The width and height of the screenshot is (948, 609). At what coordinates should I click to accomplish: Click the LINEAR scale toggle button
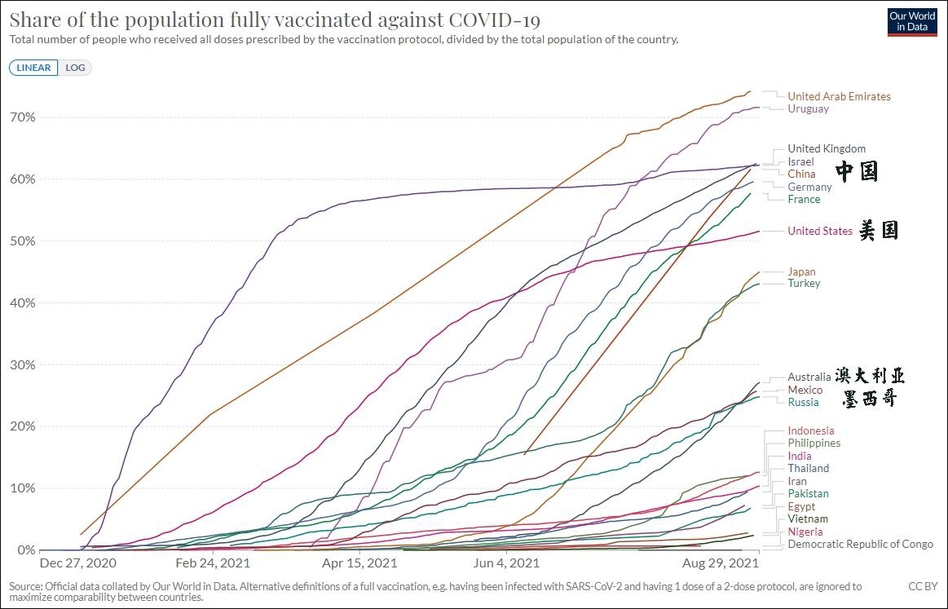point(33,68)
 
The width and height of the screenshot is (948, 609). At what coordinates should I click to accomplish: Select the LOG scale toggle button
point(75,68)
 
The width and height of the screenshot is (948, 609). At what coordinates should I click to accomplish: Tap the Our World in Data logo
point(912,22)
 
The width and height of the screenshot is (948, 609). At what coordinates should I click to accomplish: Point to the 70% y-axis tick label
point(22,117)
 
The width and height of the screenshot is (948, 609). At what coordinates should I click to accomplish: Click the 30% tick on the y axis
point(22,364)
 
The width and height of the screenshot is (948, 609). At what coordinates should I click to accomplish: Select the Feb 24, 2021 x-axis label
point(212,563)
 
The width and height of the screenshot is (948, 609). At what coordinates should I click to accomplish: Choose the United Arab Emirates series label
point(839,96)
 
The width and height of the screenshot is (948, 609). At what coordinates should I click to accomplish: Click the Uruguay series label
point(808,108)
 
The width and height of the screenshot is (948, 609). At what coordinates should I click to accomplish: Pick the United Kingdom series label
point(827,148)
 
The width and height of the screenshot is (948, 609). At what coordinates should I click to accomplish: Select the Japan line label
point(801,271)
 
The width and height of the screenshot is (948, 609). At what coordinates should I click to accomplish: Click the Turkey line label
point(804,283)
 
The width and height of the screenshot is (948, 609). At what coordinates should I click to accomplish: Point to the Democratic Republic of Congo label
point(860,544)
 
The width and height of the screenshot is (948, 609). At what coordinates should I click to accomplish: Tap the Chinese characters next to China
point(857,171)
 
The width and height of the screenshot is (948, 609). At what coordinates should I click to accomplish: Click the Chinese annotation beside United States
point(879,231)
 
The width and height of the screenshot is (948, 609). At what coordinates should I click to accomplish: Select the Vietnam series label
point(808,519)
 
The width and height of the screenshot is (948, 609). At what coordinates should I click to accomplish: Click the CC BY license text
point(923,586)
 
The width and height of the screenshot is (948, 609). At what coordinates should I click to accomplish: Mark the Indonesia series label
point(811,430)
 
